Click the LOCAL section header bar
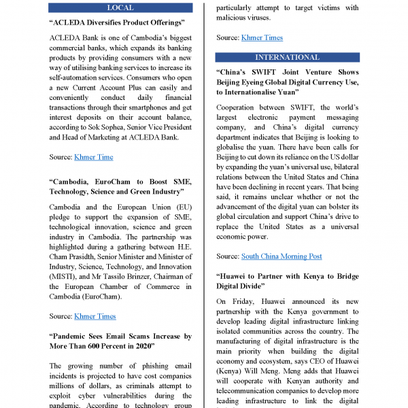point(120,8)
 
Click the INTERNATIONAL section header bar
point(287,57)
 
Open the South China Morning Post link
point(282,256)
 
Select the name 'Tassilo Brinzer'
point(137,276)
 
